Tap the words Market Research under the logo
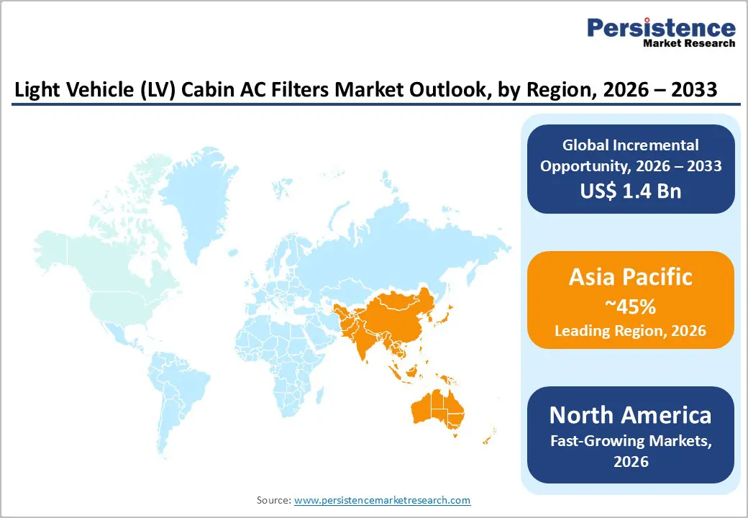690,43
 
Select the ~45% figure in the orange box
631,307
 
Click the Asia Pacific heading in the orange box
631,277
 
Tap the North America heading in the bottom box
631,415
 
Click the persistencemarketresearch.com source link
383,500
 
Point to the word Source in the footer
273,500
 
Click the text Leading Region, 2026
631,331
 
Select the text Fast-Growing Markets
631,441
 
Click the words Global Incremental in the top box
631,145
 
